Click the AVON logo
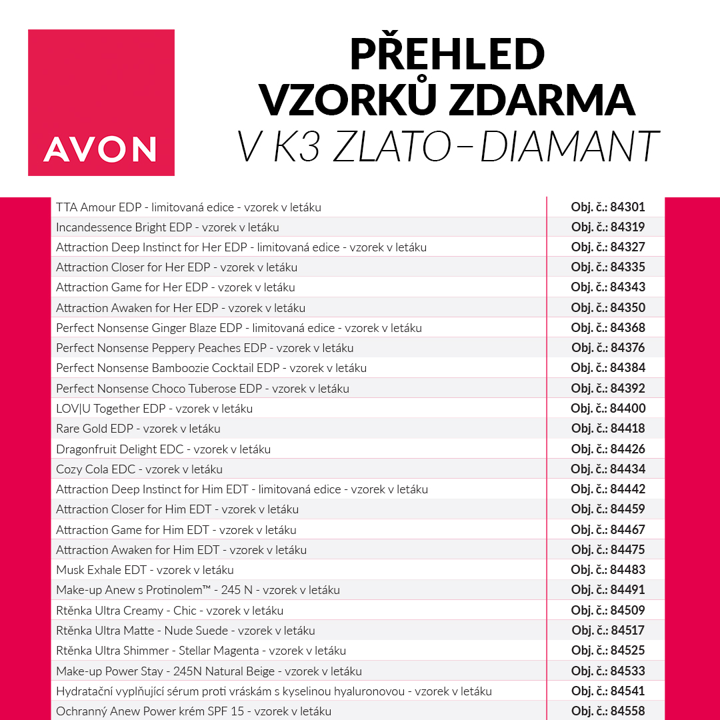[101, 103]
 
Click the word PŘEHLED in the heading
[447, 55]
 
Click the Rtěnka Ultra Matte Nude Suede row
[185, 631]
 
